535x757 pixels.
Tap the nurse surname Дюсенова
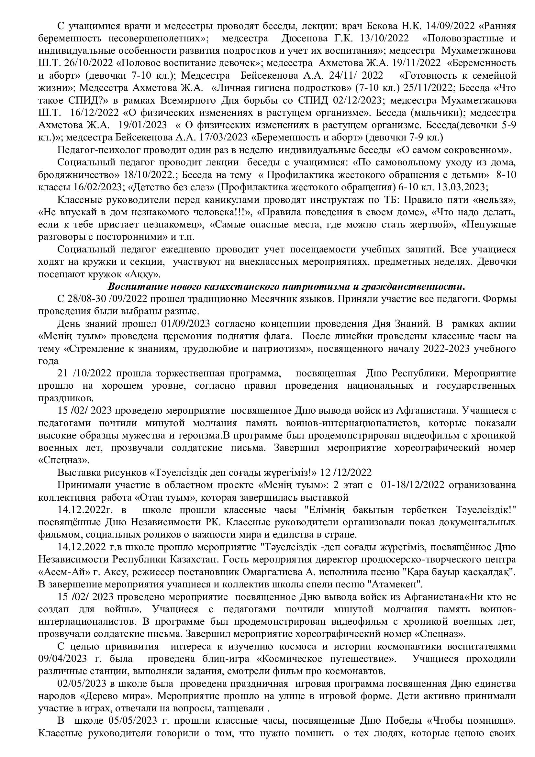[x=303, y=38]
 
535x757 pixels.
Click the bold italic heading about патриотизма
[x=286, y=286]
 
